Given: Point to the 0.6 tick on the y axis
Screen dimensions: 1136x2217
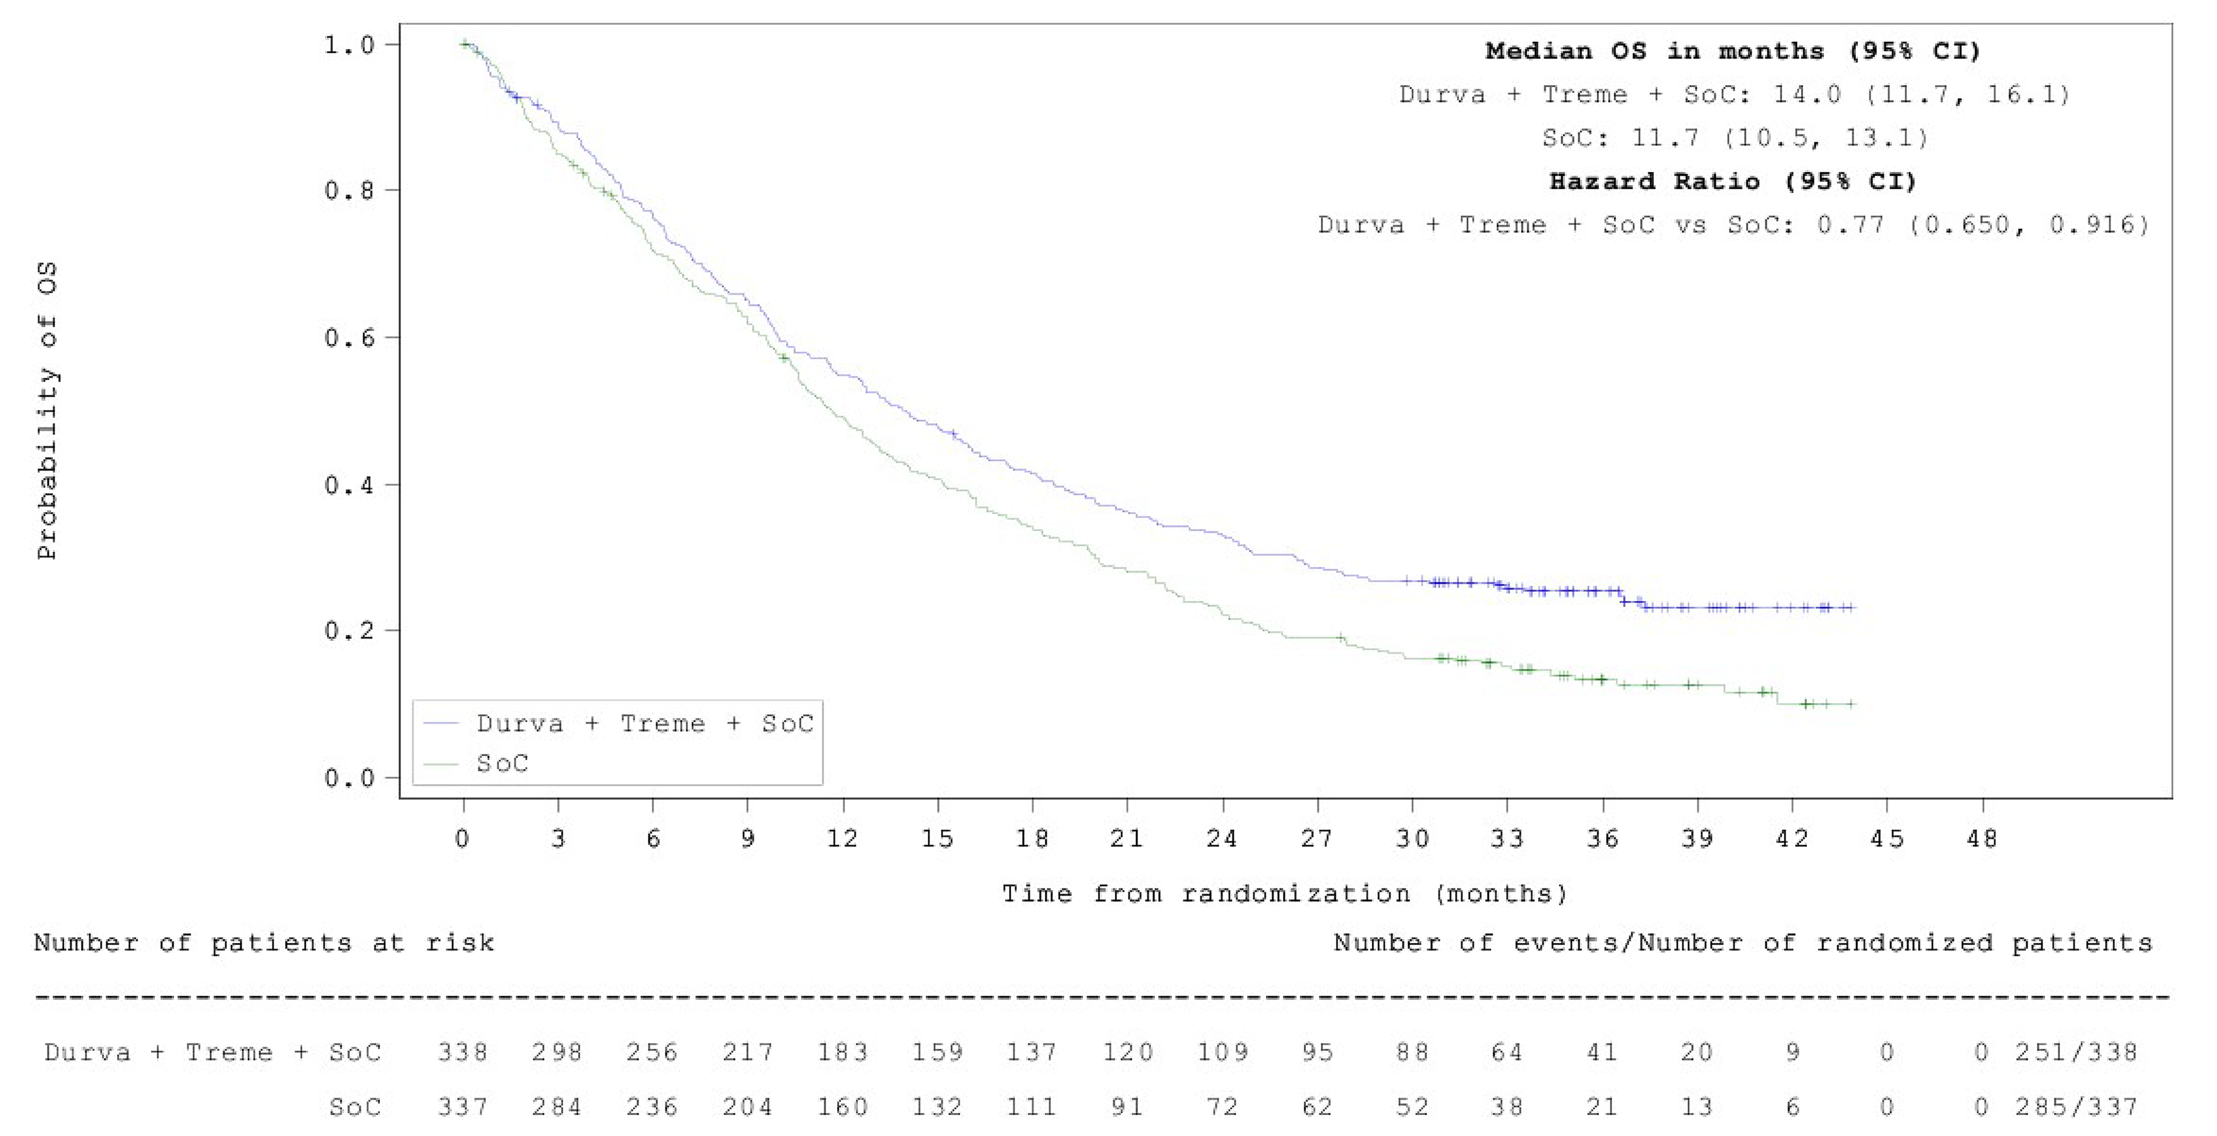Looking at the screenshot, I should pos(350,338).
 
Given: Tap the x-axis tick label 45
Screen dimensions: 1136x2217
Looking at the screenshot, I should pos(1887,838).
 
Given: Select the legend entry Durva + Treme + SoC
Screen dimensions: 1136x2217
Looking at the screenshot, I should pos(643,724).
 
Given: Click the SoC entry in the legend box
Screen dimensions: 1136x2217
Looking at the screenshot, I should pos(502,763).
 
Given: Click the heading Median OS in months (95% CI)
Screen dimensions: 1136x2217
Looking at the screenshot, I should pos(1733,52).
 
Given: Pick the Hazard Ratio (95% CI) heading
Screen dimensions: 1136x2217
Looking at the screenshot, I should pos(1733,182).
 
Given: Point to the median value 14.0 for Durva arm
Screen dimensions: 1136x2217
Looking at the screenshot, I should pos(1807,95).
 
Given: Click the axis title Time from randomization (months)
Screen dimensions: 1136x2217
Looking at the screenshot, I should pos(1284,894).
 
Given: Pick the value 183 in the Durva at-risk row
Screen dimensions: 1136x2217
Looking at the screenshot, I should pos(842,1052).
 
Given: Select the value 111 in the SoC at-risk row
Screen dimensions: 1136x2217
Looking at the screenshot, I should pos(1031,1107).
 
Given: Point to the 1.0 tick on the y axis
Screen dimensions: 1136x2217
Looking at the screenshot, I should pos(350,45).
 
